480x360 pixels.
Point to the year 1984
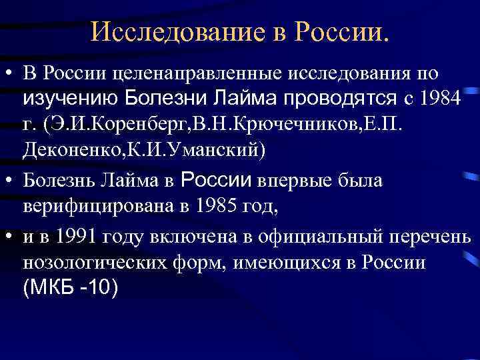[441, 101]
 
